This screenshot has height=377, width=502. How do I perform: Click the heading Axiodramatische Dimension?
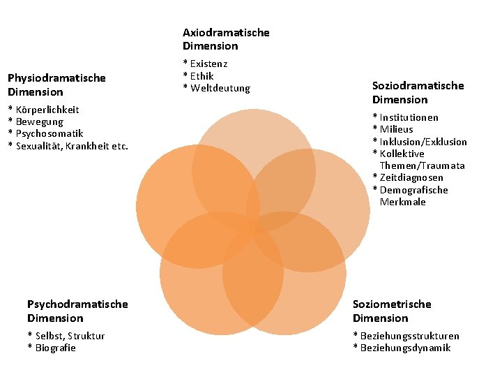tap(225, 39)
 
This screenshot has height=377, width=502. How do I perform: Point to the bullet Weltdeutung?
tap(216, 89)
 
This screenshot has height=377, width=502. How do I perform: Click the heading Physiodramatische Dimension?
tap(56, 84)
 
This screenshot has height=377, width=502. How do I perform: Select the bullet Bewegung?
tap(38, 121)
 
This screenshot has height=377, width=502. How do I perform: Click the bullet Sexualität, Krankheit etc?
tap(68, 145)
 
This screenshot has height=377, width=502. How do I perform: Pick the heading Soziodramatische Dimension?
tap(418, 92)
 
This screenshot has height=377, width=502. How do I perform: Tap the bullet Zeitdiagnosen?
tap(408, 178)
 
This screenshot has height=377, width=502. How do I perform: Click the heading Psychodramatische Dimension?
tap(77, 311)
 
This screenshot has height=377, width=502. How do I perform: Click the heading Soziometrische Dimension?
tap(392, 311)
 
